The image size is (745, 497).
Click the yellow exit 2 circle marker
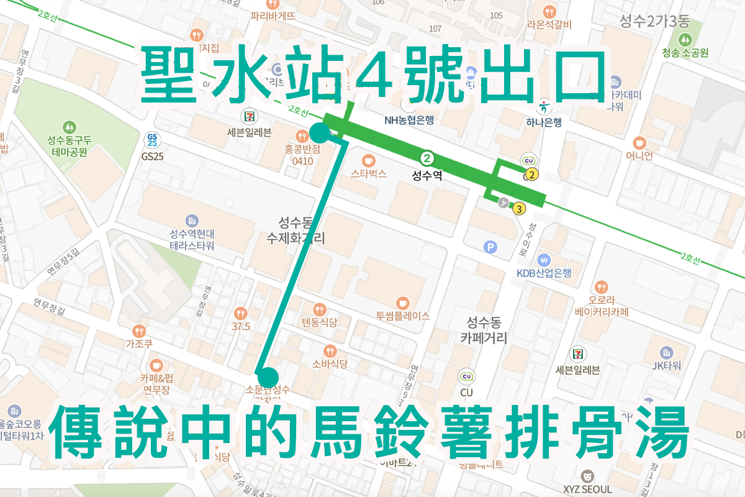coord(531,175)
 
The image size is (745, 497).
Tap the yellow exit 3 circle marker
coord(519,209)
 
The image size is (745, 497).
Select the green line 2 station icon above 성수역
coord(427,158)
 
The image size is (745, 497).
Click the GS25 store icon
coord(151,139)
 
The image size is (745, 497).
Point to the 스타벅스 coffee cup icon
coord(368,160)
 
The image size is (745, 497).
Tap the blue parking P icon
coord(490,248)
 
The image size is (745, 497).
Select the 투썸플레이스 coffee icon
coord(402,302)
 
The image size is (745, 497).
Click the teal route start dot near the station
coord(319,132)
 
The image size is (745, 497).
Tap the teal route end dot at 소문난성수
coord(268,376)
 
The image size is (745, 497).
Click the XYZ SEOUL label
coord(587,488)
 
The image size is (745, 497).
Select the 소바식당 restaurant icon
coord(330,350)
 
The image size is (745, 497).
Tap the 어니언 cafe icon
coord(639,142)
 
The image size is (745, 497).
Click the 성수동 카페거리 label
coord(484,331)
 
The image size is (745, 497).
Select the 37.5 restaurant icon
coord(241,313)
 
